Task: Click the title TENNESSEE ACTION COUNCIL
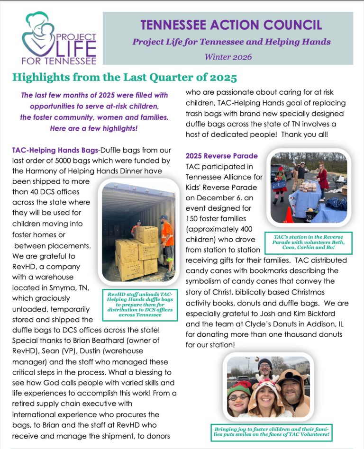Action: pos(231,25)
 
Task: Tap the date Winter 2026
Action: pos(228,57)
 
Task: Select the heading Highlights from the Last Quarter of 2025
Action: pos(124,77)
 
